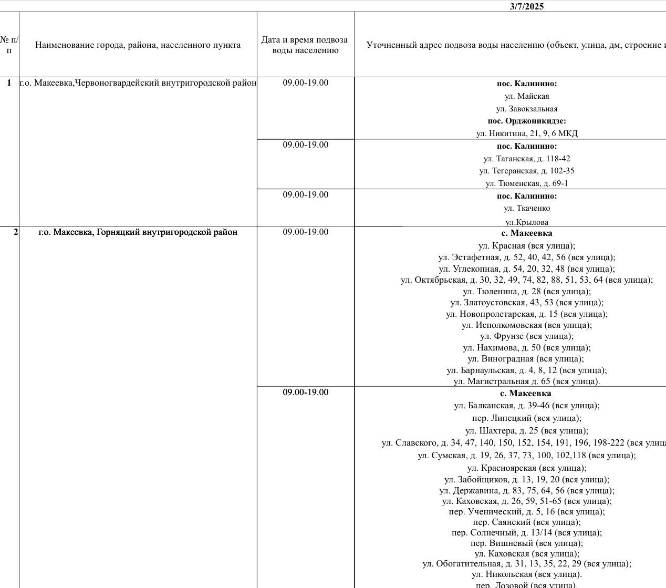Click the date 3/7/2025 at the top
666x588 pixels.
[x=526, y=6]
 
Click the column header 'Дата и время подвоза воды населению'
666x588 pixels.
[x=305, y=45]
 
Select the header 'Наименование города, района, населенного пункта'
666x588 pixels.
[x=138, y=45]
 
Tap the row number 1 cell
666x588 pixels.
[x=9, y=83]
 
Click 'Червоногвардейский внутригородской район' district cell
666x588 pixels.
[x=138, y=83]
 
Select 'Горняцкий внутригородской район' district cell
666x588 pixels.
[x=138, y=232]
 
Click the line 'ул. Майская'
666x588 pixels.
[x=527, y=96]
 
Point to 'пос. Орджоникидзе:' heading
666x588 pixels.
[x=527, y=121]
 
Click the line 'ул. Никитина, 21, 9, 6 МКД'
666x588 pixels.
[x=527, y=133]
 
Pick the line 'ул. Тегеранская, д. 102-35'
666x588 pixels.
[x=527, y=171]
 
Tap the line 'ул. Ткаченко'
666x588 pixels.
[x=527, y=208]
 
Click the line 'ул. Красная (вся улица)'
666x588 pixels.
[x=527, y=245]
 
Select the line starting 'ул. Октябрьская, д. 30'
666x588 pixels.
[x=527, y=280]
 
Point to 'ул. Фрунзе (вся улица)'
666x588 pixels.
[x=527, y=336]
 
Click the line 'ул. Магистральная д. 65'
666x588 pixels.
[x=527, y=381]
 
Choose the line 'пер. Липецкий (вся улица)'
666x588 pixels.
[x=527, y=418]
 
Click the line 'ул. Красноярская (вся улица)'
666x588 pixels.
[x=527, y=468]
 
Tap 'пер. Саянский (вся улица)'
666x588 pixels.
[x=527, y=522]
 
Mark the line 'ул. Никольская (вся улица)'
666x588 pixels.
[x=527, y=574]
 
